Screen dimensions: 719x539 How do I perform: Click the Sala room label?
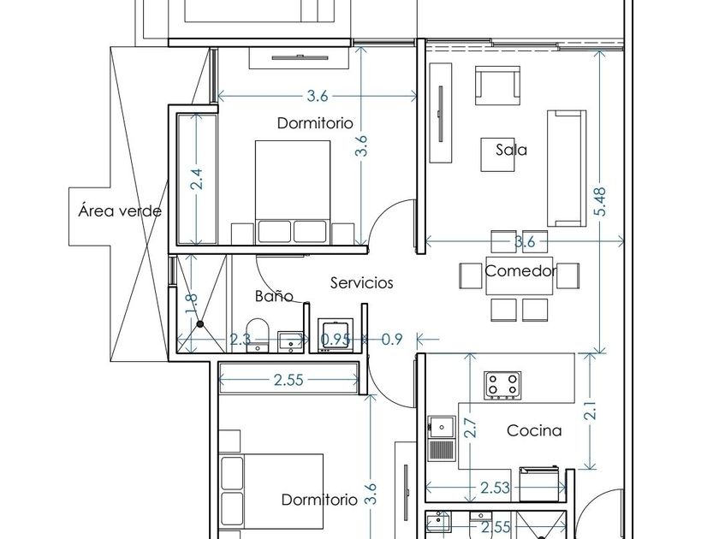pos(511,150)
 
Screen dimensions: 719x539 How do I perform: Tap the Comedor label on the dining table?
pos(520,271)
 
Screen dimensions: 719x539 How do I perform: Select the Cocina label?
pos(534,430)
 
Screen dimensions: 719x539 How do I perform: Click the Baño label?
pos(274,296)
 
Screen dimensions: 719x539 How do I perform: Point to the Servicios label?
pos(362,282)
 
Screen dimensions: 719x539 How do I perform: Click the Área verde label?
pos(120,210)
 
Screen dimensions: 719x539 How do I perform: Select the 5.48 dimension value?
pos(600,201)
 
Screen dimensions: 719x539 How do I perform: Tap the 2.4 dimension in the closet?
pos(197,179)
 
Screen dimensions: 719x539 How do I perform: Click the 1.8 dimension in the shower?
pos(192,304)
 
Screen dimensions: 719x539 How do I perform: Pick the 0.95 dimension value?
pos(336,339)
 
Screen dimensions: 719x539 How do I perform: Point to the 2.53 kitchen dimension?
pos(496,488)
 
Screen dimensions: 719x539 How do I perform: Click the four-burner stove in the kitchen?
pos(502,384)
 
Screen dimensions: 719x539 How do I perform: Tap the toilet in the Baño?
pos(258,335)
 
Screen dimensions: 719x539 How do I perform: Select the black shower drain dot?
pos(200,324)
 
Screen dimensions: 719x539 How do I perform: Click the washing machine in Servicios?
pos(336,335)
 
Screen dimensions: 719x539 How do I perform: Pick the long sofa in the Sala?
pos(567,169)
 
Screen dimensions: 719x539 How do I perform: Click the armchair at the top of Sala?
pos(497,86)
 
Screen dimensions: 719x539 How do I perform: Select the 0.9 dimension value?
pos(392,339)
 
